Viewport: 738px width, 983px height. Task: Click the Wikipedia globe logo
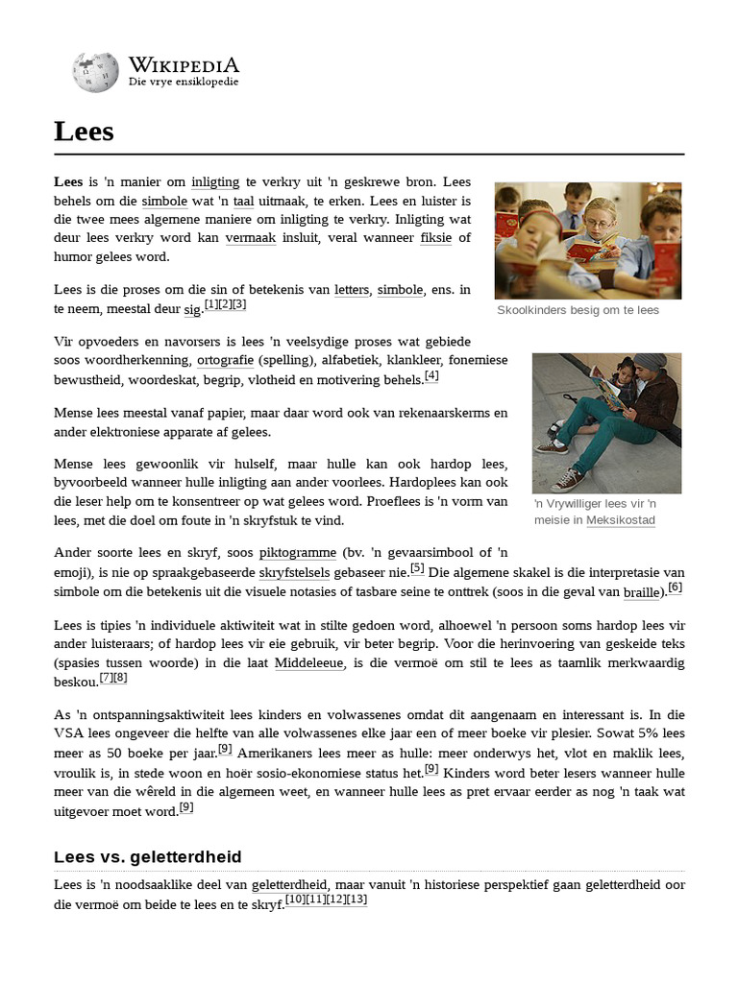coord(96,73)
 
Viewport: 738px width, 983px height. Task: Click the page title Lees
coord(85,132)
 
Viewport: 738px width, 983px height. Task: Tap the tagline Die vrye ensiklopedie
coord(184,83)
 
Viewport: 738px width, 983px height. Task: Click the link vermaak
coord(251,237)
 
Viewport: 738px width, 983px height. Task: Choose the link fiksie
coord(435,237)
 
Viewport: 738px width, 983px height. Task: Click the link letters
coord(352,290)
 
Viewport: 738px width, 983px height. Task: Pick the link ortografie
coord(225,361)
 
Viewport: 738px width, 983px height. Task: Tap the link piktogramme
coord(297,553)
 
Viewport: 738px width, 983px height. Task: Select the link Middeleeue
coord(308,664)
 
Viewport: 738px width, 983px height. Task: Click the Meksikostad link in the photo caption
coord(621,520)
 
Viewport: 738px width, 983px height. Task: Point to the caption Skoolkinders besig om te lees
coord(578,311)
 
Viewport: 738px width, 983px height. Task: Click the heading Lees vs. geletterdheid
coord(148,856)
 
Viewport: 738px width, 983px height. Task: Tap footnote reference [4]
coord(431,376)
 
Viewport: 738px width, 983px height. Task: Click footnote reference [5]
coord(417,568)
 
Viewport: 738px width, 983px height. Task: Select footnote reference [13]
coord(357,899)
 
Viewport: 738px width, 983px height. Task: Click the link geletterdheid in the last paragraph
coord(289,885)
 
